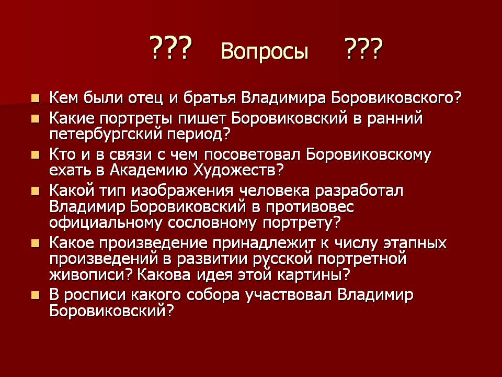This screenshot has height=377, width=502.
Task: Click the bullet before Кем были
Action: pyautogui.click(x=35, y=98)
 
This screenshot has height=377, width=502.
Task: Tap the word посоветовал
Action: pyautogui.click(x=250, y=156)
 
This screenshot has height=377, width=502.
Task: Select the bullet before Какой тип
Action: pyautogui.click(x=35, y=190)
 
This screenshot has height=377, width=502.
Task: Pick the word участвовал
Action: pyautogui.click(x=294, y=295)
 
